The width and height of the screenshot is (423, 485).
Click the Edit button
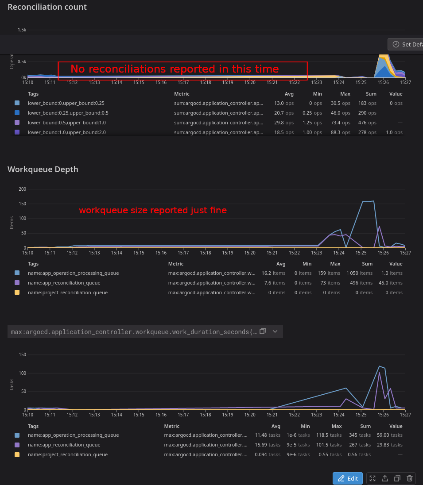point(348,478)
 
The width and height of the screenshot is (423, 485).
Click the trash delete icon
point(410,478)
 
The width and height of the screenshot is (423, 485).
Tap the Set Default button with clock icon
point(405,44)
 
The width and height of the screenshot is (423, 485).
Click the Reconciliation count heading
point(47,7)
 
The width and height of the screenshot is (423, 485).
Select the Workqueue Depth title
point(43,169)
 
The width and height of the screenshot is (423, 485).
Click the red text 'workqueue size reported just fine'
point(153,211)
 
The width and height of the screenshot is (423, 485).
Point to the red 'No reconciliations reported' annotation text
point(175,69)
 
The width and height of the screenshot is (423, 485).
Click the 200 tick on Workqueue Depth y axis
point(23,189)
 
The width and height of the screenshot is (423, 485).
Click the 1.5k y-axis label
point(22,30)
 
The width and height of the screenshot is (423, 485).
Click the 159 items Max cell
point(329,273)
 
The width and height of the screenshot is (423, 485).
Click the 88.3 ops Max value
point(341,132)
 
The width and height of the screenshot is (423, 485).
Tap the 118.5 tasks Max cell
point(330,435)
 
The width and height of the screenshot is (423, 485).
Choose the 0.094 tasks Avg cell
point(268,454)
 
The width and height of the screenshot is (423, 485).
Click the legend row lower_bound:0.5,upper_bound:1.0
point(66,123)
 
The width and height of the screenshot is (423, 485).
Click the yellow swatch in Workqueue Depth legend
point(17,293)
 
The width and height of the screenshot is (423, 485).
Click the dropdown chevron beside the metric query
point(275,331)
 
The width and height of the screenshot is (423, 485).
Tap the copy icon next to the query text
point(263,331)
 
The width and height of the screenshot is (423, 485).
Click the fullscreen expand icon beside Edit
point(373,478)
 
